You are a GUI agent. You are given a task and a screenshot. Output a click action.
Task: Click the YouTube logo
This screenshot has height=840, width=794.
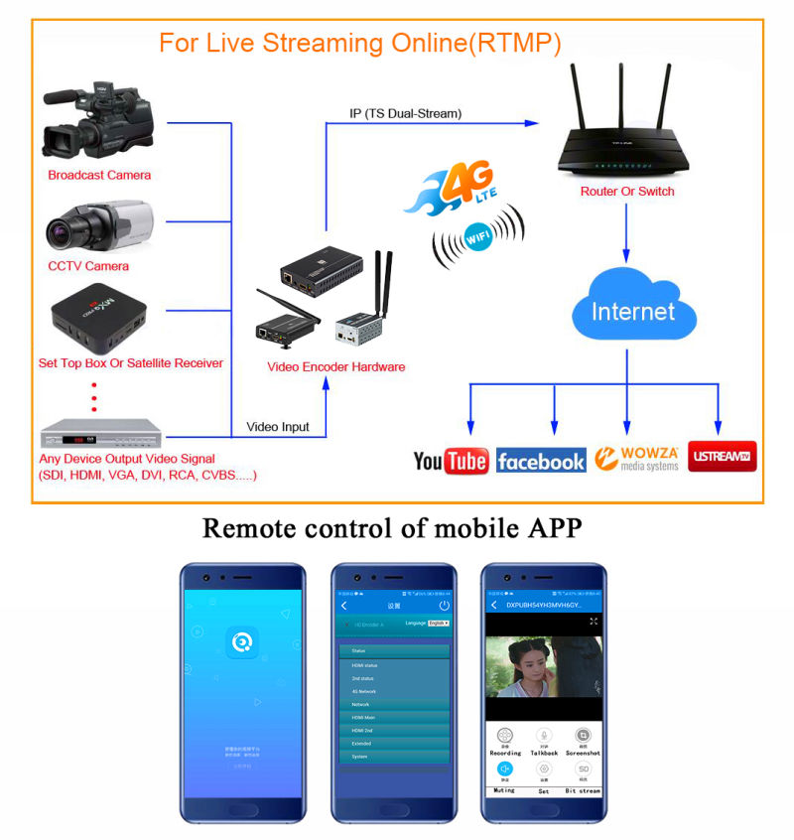click(451, 461)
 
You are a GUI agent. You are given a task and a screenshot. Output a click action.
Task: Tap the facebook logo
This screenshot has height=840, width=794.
click(541, 462)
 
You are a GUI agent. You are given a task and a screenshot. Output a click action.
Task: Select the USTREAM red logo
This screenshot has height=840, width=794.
click(722, 457)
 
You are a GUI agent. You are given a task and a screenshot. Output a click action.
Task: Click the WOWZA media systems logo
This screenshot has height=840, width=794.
click(637, 458)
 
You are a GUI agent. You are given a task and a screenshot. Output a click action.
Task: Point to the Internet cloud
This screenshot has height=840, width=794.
click(633, 310)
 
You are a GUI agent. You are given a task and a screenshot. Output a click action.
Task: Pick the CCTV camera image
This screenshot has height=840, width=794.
click(97, 227)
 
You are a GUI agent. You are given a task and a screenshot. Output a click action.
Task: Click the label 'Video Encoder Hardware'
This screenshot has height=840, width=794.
click(336, 366)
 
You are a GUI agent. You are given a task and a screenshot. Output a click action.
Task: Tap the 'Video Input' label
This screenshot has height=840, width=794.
click(278, 427)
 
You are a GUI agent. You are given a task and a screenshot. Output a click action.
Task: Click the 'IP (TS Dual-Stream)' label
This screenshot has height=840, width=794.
click(406, 114)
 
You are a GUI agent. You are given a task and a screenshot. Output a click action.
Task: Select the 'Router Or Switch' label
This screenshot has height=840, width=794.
click(626, 191)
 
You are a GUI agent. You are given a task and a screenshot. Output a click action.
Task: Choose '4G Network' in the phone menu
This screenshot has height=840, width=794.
click(365, 691)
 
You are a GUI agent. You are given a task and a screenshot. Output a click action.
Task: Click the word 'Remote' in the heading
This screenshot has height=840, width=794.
click(247, 527)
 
